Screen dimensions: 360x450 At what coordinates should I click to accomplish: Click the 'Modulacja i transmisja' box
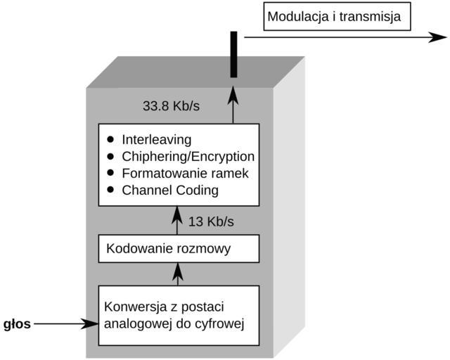(x=337, y=16)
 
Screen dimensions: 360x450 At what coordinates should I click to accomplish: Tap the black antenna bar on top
(x=233, y=54)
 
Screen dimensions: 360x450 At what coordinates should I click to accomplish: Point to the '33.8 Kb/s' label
(x=172, y=107)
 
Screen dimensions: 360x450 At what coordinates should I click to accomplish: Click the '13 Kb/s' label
(x=211, y=222)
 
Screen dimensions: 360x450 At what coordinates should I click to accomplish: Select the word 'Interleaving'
(x=157, y=139)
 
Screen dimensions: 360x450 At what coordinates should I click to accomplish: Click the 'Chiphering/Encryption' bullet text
(x=188, y=156)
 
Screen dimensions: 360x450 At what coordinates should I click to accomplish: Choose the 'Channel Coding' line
(x=170, y=190)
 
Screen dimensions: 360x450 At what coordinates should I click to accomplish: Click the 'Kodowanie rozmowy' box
(x=179, y=248)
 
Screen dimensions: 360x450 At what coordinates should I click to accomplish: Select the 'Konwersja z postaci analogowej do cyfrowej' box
(x=179, y=315)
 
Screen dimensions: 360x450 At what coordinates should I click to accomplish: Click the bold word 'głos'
(x=18, y=324)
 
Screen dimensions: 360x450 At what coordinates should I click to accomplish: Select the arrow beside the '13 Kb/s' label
(x=179, y=221)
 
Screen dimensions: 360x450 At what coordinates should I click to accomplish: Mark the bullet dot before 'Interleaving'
(x=110, y=139)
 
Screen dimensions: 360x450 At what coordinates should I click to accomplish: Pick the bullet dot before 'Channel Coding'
(x=110, y=190)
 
